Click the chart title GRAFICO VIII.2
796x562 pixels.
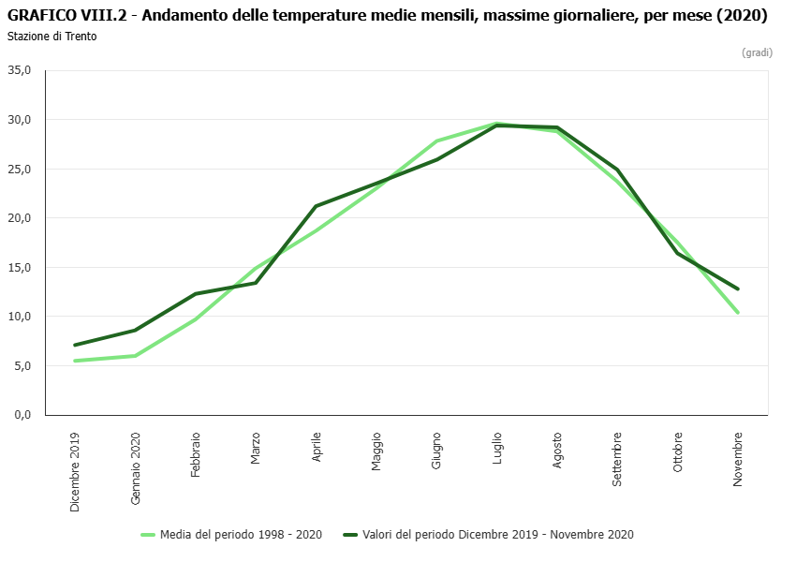(x=387, y=16)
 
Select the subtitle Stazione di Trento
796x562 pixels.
(x=52, y=37)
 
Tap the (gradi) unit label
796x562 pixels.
(x=757, y=52)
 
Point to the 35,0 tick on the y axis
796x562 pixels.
(x=20, y=70)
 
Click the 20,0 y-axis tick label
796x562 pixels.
(x=20, y=218)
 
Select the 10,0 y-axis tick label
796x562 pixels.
(x=20, y=317)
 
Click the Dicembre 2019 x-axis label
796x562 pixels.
(x=76, y=471)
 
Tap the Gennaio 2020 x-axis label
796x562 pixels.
(x=136, y=469)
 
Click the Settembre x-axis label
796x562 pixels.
(x=617, y=459)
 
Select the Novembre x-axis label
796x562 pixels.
(x=738, y=459)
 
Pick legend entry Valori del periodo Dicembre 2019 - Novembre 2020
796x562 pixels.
(x=497, y=535)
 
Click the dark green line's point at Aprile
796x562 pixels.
(x=317, y=206)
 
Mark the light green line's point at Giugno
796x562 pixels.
(x=437, y=140)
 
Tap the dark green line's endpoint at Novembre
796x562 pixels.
(x=738, y=288)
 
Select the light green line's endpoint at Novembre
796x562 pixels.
(x=738, y=313)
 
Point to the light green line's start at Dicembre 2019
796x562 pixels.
(x=76, y=361)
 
